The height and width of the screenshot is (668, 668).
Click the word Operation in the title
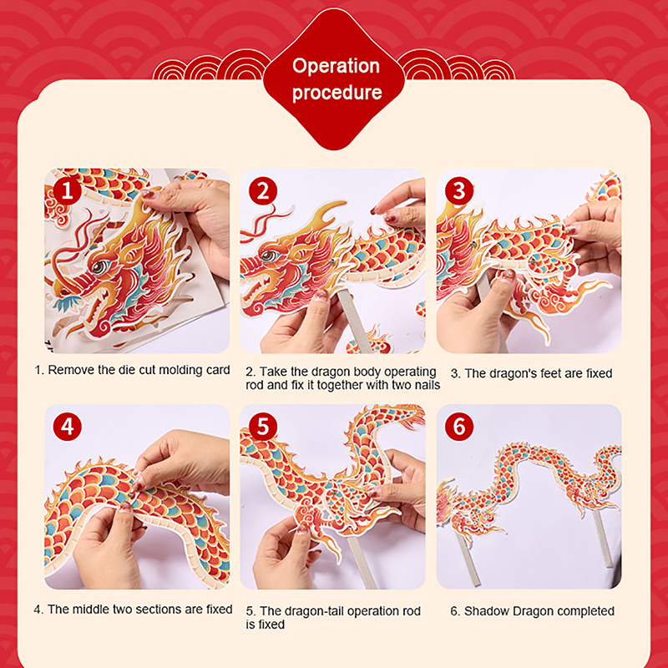tap(336, 67)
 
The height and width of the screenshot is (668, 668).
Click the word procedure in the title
tap(337, 93)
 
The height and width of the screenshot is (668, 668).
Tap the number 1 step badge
tap(68, 191)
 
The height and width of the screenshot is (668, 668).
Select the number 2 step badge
tap(263, 191)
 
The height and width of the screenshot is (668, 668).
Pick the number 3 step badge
tap(458, 191)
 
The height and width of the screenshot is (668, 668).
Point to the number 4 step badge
tap(68, 427)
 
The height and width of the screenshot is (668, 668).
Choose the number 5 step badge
tap(263, 427)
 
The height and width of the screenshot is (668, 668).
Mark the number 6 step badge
tap(458, 427)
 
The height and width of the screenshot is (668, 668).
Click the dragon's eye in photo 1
tap(99, 267)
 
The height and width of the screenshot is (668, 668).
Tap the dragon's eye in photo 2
tap(268, 256)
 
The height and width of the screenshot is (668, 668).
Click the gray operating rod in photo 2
tap(354, 321)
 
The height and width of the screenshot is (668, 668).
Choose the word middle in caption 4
tap(91, 610)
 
